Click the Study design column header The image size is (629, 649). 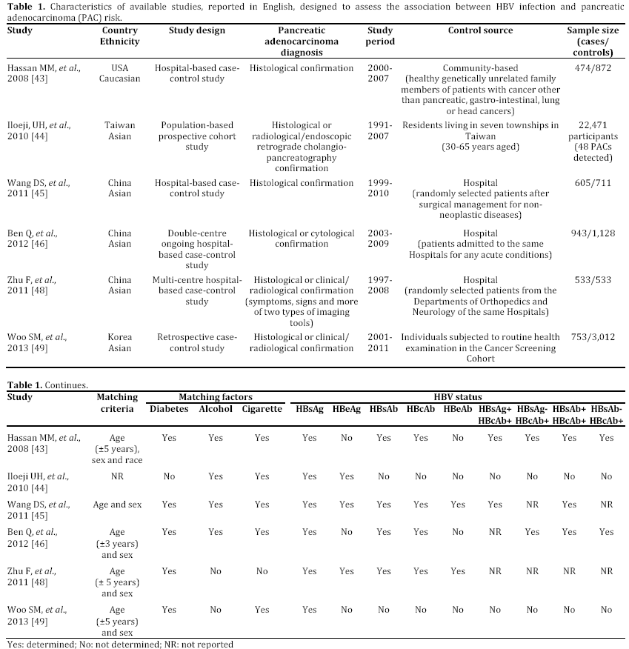click(x=196, y=31)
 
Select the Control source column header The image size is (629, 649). click(x=480, y=31)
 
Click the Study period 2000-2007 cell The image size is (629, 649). click(x=381, y=73)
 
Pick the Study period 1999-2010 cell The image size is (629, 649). click(x=381, y=188)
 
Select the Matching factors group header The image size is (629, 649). click(x=215, y=398)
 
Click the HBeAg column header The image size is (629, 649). click(x=346, y=409)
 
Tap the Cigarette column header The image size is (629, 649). click(x=262, y=409)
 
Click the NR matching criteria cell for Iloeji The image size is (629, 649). click(x=117, y=478)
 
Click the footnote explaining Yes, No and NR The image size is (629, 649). click(x=120, y=644)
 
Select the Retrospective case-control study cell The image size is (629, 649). click(x=196, y=342)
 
